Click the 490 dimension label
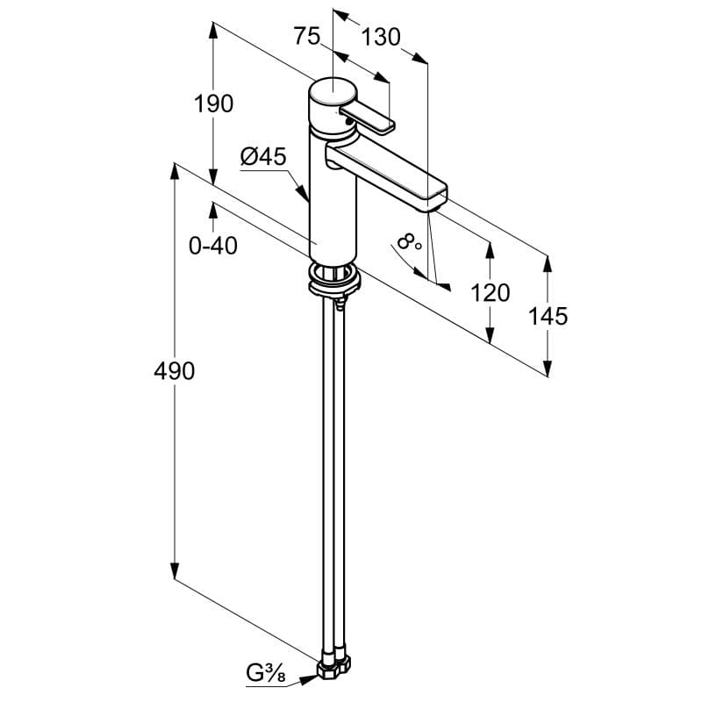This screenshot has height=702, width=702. tap(174, 371)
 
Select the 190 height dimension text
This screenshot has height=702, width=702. tap(213, 104)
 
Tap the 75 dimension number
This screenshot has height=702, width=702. tap(307, 36)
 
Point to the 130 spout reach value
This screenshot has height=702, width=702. tap(381, 37)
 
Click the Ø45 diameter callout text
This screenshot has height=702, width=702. tap(263, 157)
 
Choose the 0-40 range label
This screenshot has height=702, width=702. tap(213, 246)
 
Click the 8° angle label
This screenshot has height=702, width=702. tap(409, 242)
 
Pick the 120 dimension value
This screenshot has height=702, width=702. tap(491, 293)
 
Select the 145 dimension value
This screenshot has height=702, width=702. tap(548, 316)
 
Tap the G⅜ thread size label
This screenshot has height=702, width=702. tap(266, 673)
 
